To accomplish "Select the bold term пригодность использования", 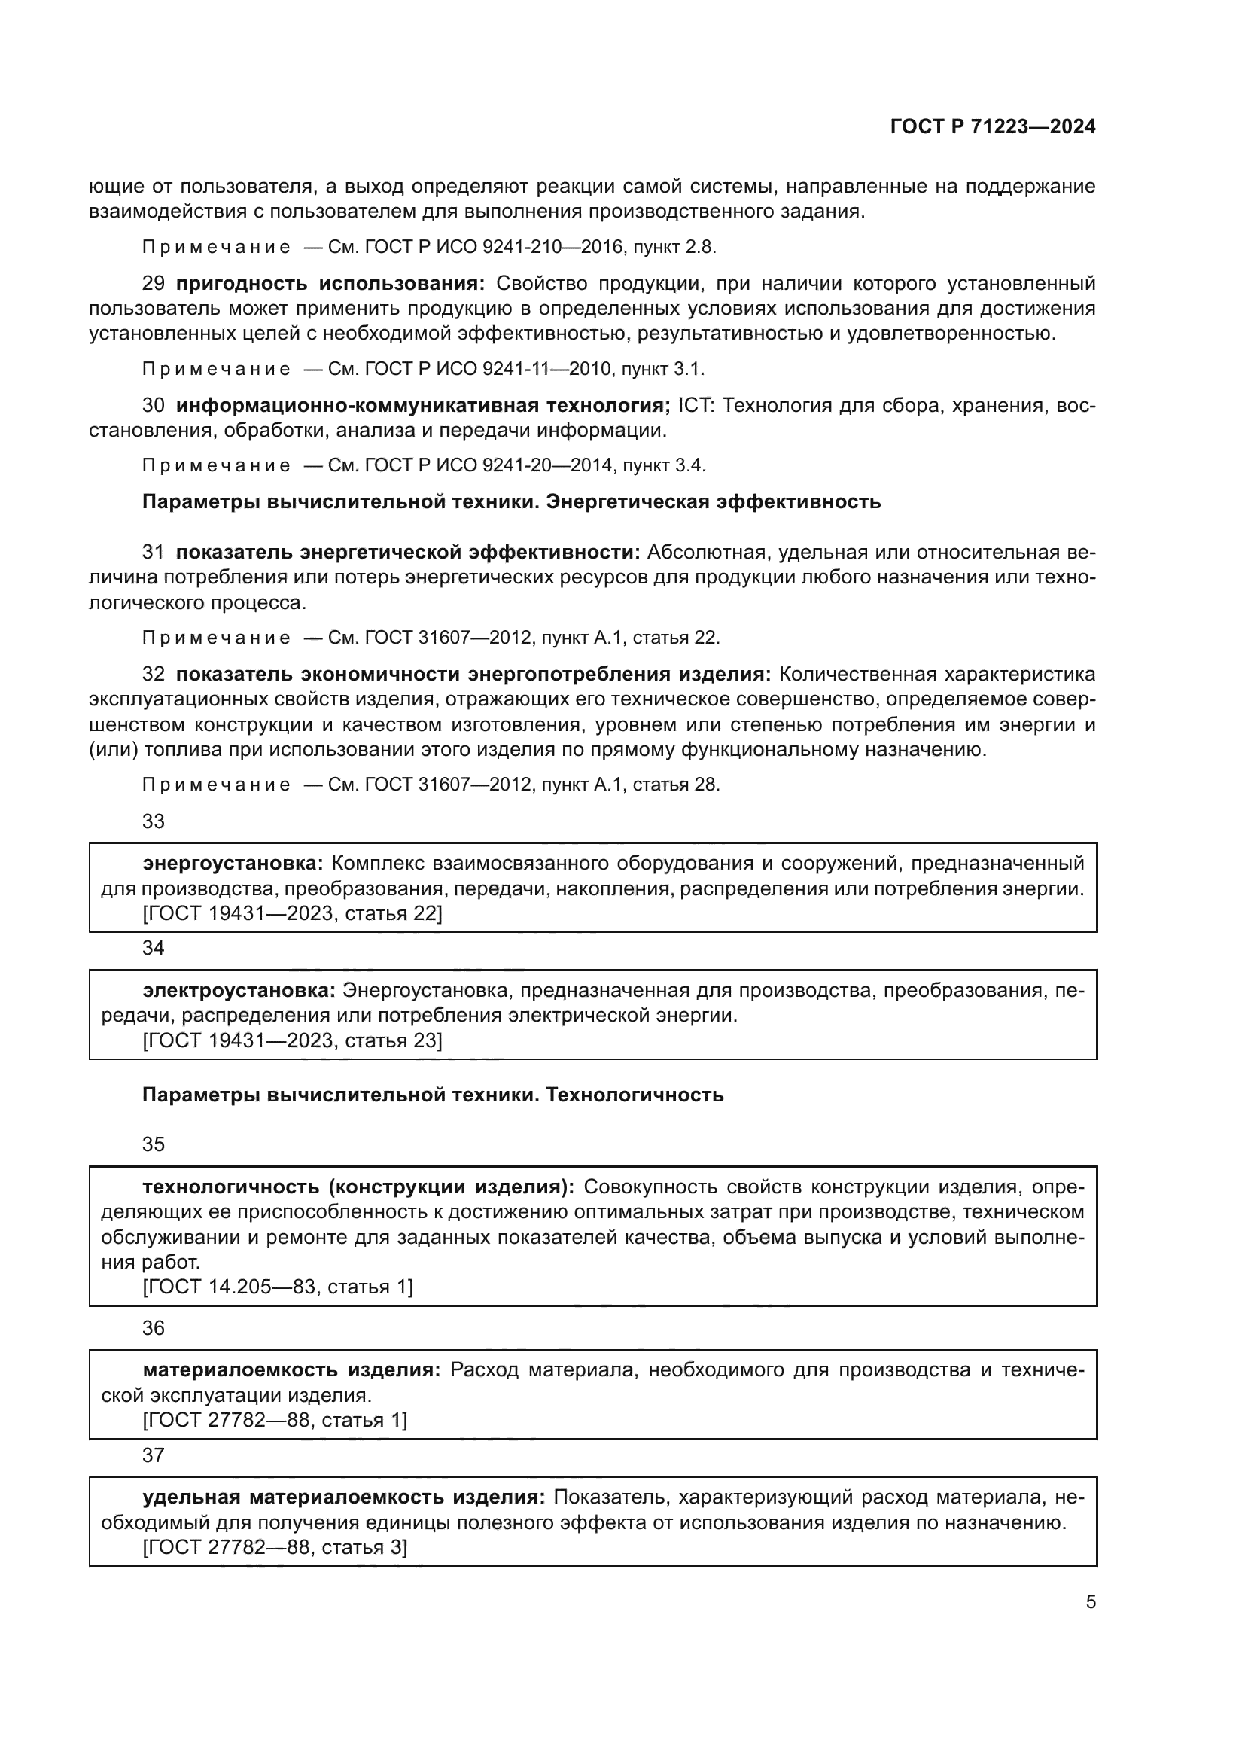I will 330,283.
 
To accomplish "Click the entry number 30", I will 154,405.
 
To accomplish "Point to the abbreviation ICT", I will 695,405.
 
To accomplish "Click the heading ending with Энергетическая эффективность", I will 511,502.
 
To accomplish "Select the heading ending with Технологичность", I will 432,1095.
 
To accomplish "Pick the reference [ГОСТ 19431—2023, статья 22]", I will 292,913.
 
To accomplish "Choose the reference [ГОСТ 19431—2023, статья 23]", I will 292,1040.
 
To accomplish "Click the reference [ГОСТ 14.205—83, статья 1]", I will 278,1286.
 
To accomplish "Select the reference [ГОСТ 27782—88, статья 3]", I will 275,1547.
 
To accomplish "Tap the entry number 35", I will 154,1144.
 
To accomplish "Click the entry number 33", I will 154,821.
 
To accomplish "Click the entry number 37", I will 154,1455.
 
